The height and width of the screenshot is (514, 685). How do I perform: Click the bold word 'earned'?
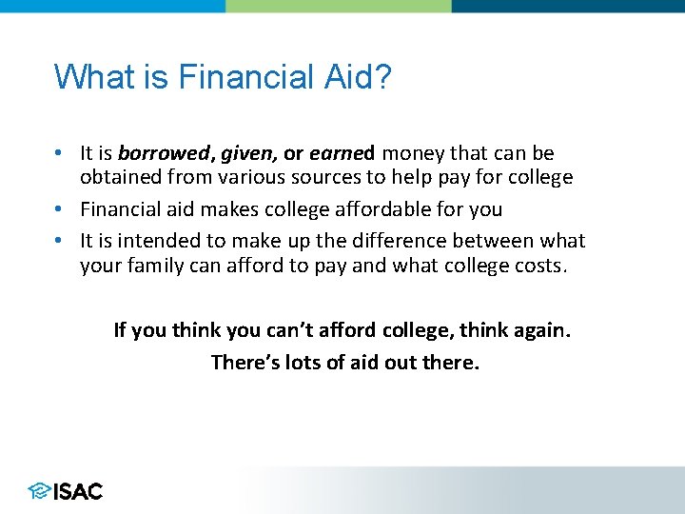point(342,153)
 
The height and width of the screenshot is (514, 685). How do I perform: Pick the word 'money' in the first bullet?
point(413,153)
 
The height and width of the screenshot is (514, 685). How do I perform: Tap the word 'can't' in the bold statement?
point(270,330)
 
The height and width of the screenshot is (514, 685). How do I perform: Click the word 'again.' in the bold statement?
point(540,330)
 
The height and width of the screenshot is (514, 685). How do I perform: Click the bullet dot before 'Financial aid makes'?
point(60,209)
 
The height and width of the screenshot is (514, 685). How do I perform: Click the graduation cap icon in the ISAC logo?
point(39,491)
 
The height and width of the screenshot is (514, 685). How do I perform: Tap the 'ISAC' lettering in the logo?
point(79,491)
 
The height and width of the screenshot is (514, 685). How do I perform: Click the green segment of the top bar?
point(339,6)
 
